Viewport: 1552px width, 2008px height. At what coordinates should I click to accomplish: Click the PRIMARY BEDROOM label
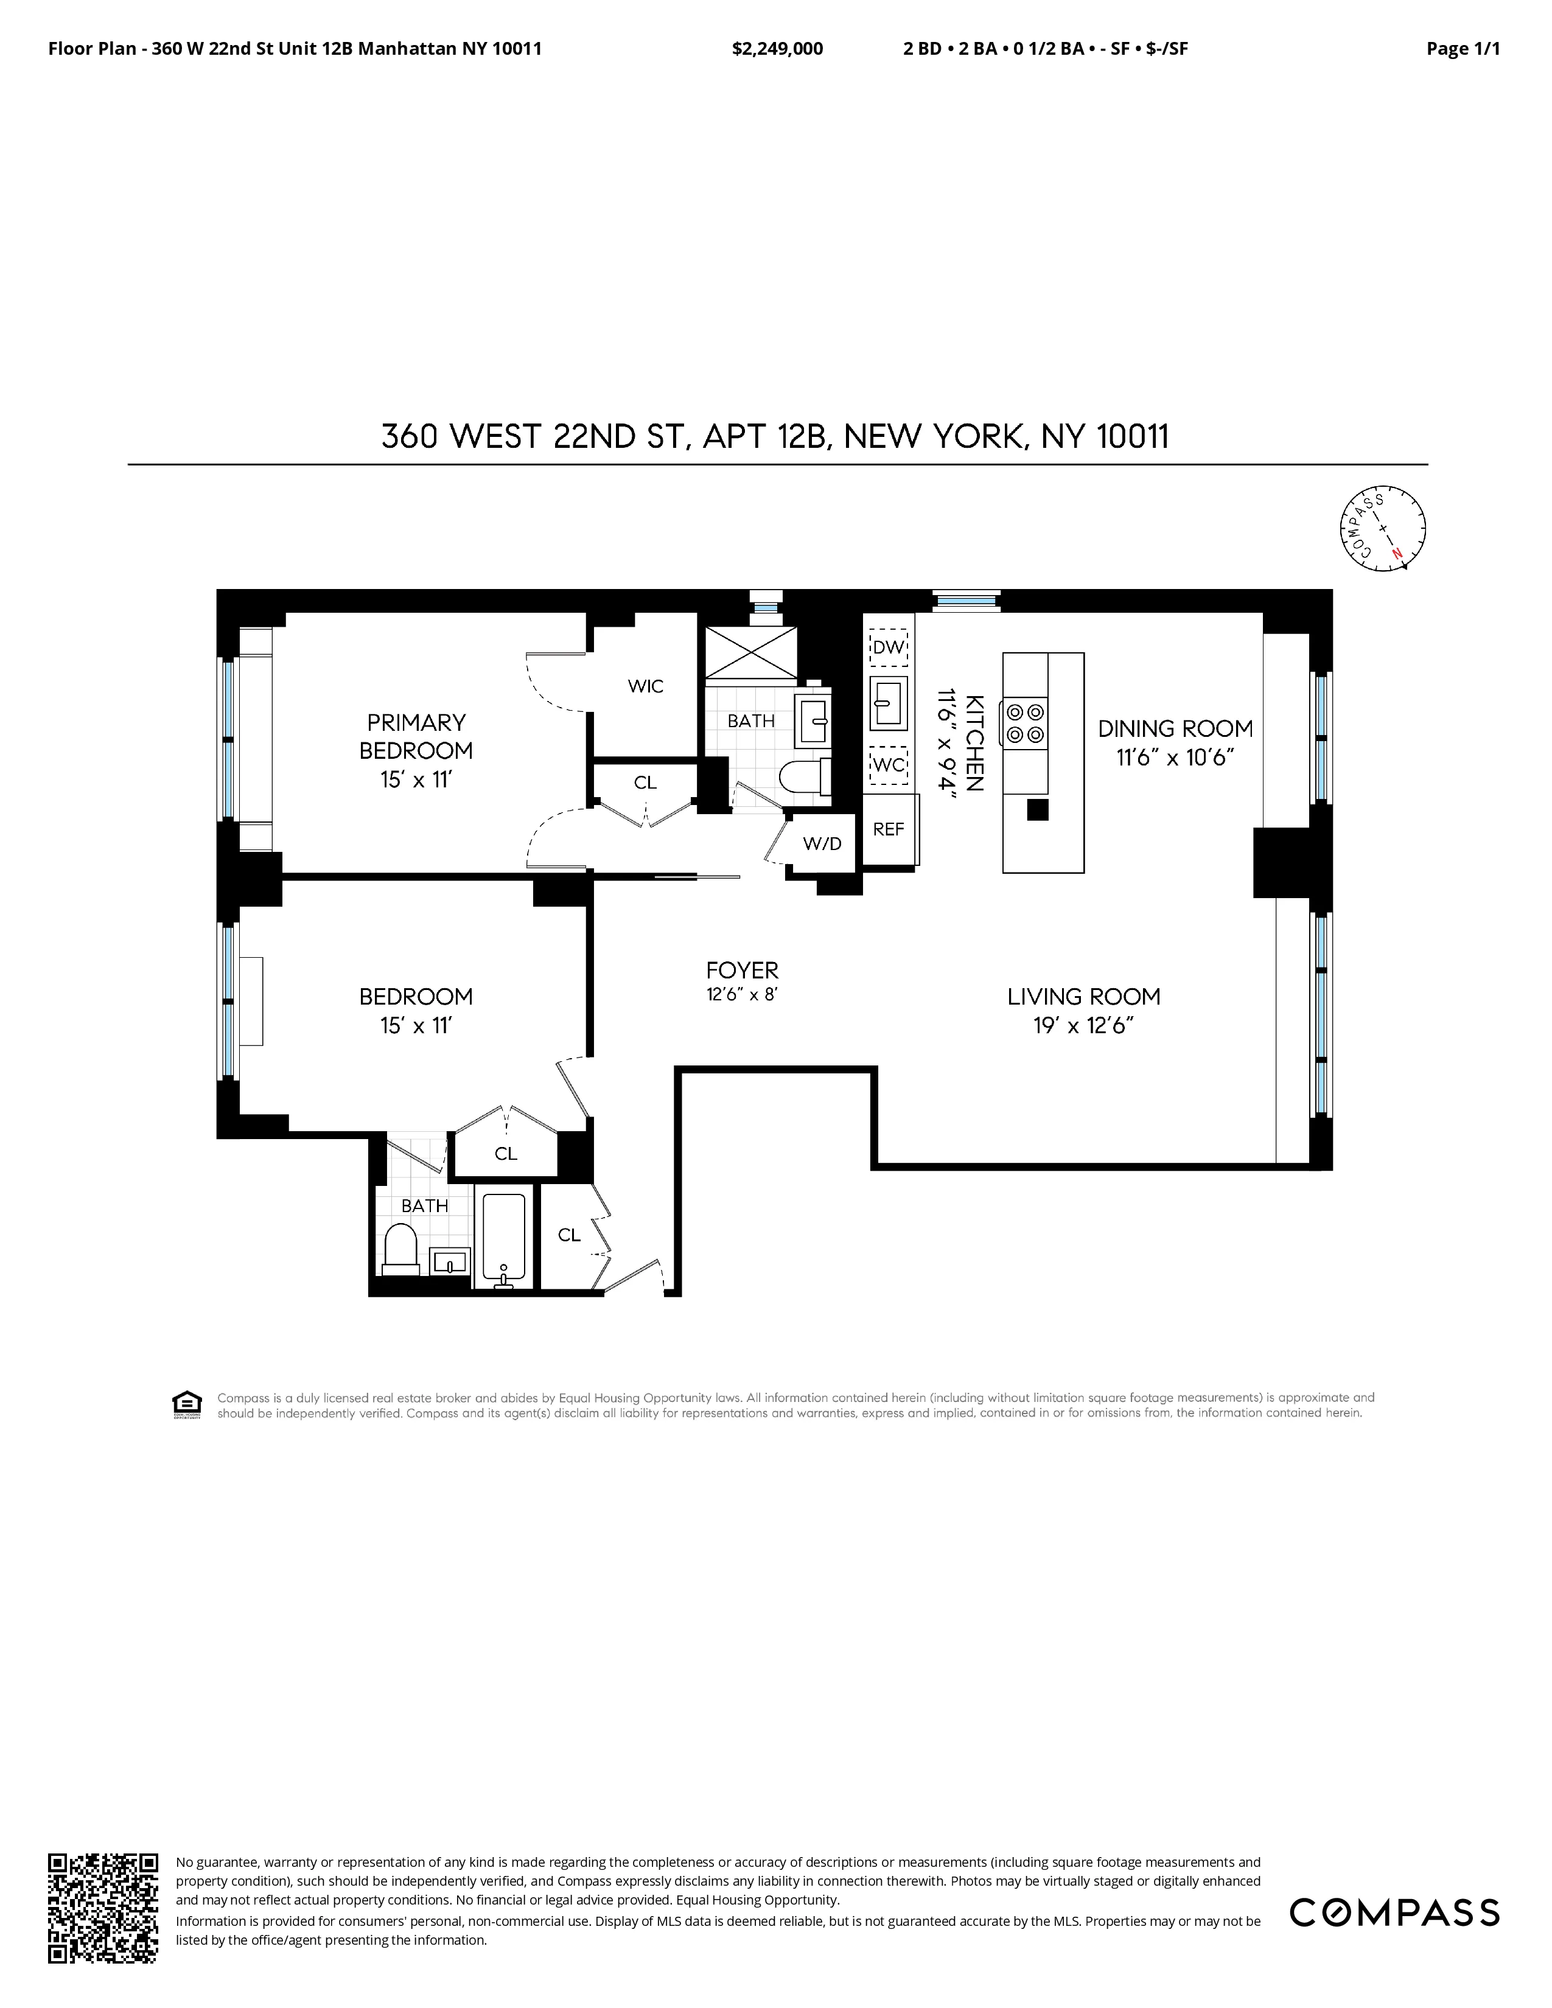pyautogui.click(x=416, y=736)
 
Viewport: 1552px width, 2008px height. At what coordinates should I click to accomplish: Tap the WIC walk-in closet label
pyautogui.click(x=645, y=686)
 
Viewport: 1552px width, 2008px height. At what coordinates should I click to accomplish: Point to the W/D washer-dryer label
pyautogui.click(x=822, y=843)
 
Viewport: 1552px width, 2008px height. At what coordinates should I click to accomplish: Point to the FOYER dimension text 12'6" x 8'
pyautogui.click(x=742, y=995)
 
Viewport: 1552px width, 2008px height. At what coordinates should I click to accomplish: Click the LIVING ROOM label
pyautogui.click(x=1083, y=997)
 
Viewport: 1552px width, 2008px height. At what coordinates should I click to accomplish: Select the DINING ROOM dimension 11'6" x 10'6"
pyautogui.click(x=1174, y=758)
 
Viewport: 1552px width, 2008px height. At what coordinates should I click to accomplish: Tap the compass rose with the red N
pyautogui.click(x=1382, y=529)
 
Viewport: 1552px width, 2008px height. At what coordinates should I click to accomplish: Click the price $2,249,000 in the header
pyautogui.click(x=777, y=49)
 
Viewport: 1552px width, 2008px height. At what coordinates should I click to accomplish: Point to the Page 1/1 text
pyautogui.click(x=1462, y=49)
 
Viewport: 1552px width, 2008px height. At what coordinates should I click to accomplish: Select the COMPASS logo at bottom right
pyautogui.click(x=1394, y=1913)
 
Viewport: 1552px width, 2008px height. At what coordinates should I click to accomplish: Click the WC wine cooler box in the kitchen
pyautogui.click(x=888, y=765)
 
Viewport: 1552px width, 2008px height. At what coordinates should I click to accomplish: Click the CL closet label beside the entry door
pyautogui.click(x=569, y=1235)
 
